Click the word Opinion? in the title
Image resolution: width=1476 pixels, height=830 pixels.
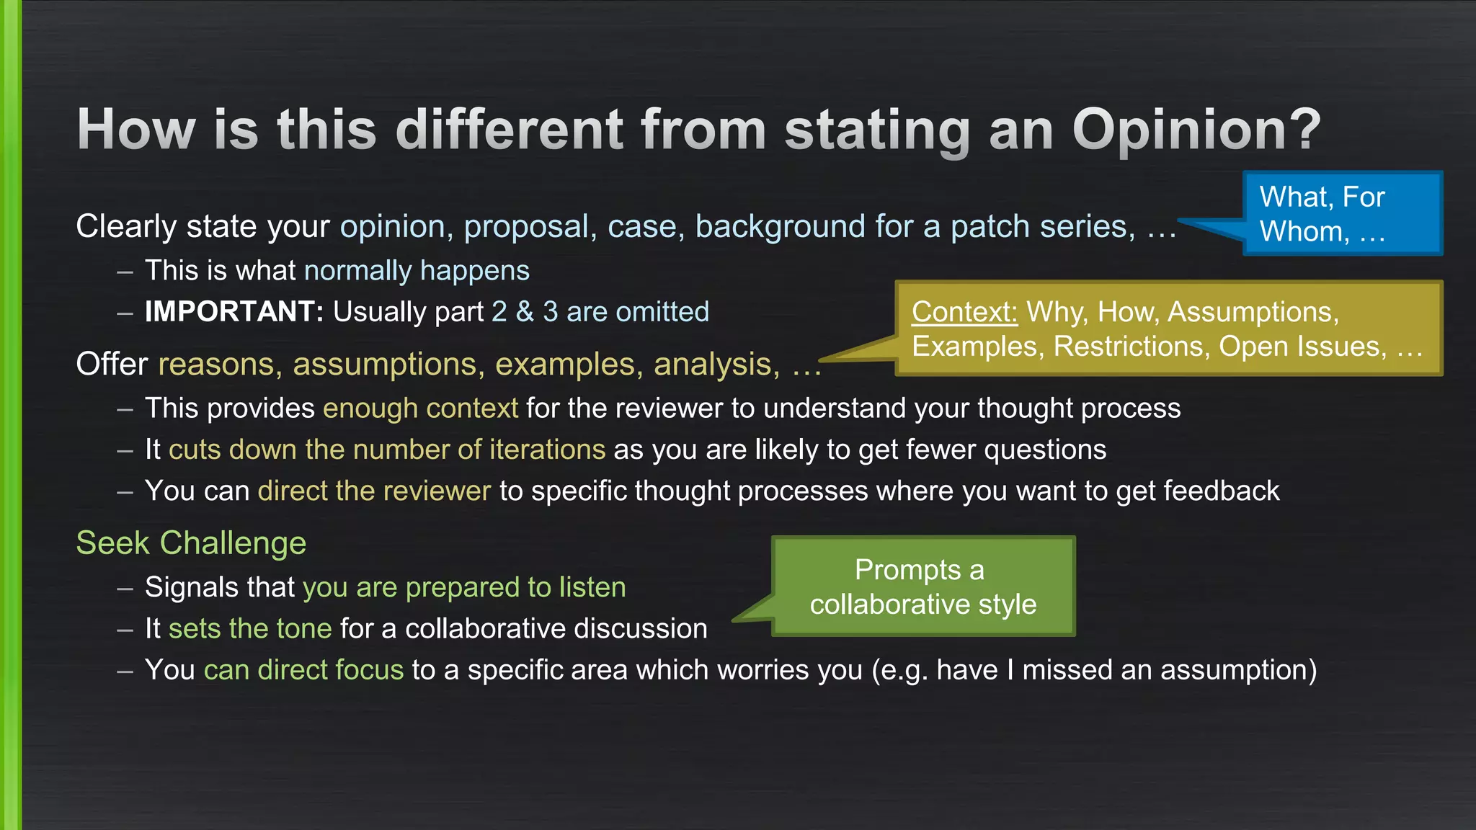[1196, 130]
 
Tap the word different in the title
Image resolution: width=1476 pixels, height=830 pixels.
[510, 130]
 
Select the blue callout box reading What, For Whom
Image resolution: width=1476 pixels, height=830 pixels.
[1342, 214]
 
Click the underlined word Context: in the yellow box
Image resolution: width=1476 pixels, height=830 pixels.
[964, 312]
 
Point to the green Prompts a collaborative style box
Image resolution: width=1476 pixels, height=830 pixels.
[923, 586]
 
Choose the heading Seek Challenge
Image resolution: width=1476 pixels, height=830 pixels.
[191, 543]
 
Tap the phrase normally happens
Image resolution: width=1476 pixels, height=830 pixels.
[417, 271]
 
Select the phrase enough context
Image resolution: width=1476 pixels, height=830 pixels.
[420, 409]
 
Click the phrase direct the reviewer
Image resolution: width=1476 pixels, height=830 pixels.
[374, 491]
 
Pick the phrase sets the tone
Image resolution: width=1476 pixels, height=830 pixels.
[250, 629]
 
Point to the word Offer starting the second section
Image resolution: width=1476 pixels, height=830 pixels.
[112, 365]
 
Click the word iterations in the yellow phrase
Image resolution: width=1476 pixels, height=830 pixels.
[547, 450]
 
